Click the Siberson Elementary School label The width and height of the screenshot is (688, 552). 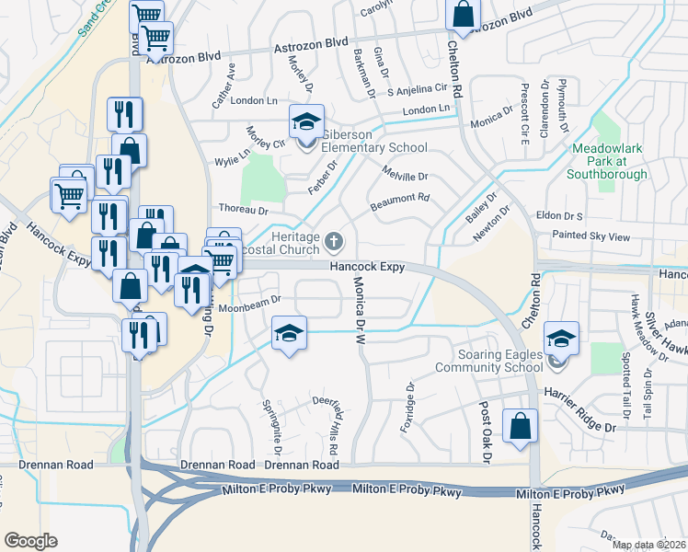tap(373, 141)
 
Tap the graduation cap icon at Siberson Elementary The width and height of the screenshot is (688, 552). tap(307, 121)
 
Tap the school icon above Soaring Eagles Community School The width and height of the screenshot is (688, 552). tap(560, 337)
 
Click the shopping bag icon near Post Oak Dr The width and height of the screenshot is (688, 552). tap(520, 426)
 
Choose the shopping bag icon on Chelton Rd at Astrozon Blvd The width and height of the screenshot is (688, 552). tap(463, 14)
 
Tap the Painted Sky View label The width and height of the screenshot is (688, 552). tap(591, 236)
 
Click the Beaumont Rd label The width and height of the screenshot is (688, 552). tap(399, 200)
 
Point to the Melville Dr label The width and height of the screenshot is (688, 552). tap(405, 175)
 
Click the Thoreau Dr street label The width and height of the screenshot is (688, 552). tap(242, 211)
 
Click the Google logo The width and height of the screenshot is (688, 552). tap(30, 541)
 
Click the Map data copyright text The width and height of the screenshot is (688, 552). tap(649, 545)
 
